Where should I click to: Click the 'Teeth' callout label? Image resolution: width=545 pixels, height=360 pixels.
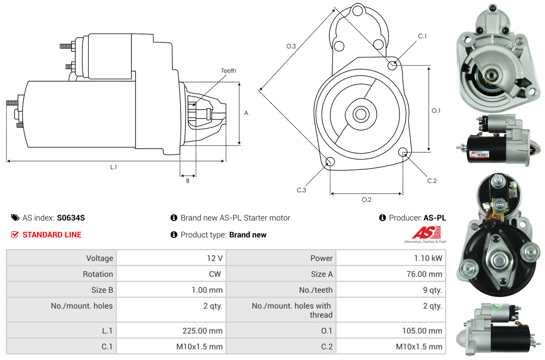pos(228,71)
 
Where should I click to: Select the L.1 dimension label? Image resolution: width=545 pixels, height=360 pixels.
pos(113,167)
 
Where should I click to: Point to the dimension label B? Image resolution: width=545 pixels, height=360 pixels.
pos(188,181)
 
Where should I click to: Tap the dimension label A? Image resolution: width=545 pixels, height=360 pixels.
pos(246,113)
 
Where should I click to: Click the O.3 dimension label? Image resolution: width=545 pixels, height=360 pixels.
pos(291,46)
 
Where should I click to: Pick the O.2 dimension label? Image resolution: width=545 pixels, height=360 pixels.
pos(366,200)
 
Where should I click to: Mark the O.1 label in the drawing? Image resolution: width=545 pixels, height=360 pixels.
pos(436,111)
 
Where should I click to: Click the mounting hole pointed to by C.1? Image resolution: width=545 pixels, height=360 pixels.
pos(393,65)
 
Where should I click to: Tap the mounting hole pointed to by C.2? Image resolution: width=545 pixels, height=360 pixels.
pos(403,152)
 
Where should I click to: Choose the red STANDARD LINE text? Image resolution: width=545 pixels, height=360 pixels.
pos(52,235)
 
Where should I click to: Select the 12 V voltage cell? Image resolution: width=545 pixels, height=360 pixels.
pos(214,258)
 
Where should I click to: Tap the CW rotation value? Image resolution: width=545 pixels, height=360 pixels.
pos(217,274)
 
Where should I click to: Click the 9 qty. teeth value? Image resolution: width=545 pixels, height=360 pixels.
pos(432,290)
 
